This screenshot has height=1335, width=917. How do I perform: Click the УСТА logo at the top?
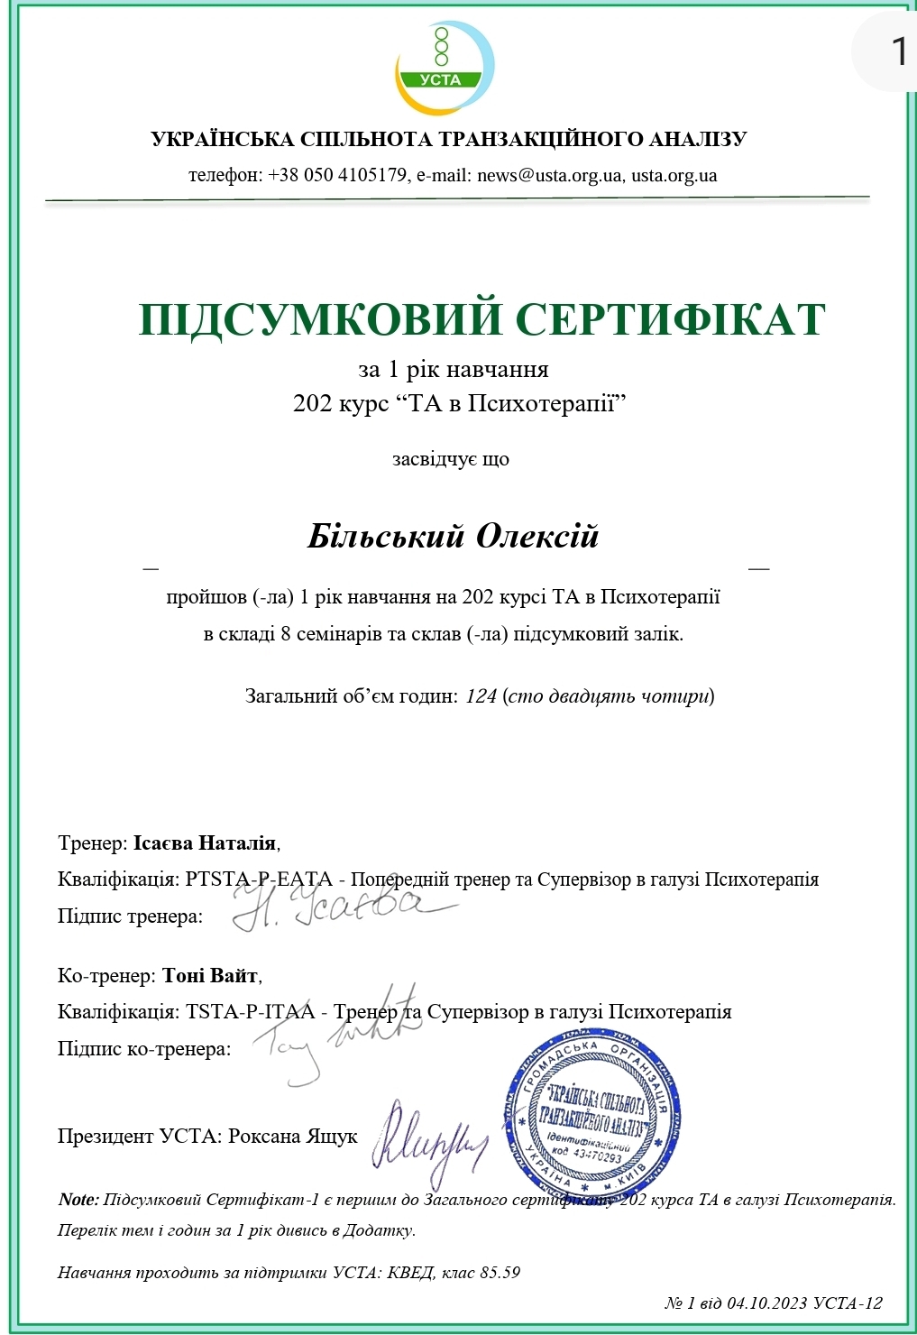pos(444,68)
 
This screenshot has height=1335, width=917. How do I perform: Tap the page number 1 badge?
pos(897,51)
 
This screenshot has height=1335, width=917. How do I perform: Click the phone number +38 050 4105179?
pos(337,175)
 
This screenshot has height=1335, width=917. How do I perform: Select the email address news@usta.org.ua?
pos(549,175)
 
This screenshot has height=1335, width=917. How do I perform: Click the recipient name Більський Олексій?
pos(453,536)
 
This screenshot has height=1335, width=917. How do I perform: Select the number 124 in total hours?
pos(481,695)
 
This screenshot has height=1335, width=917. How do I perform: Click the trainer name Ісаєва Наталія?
pos(205,843)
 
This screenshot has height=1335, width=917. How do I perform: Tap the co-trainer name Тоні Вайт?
pos(210,975)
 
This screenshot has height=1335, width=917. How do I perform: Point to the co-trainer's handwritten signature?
pos(338,1036)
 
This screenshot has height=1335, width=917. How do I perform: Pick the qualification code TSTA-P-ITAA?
pos(251,1011)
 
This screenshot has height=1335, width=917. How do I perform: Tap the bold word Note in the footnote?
pos(78,1199)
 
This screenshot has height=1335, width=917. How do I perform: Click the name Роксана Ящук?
pos(293,1136)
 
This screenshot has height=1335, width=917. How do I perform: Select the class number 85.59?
pos(500,1272)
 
